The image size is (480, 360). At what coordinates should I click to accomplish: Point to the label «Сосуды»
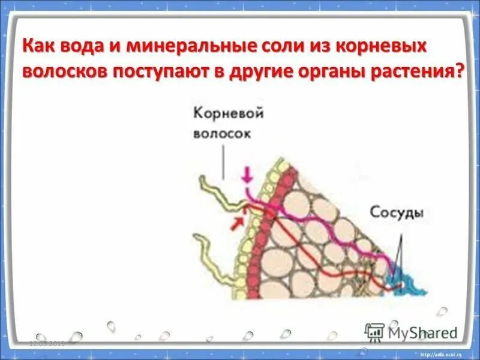coord(397,214)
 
